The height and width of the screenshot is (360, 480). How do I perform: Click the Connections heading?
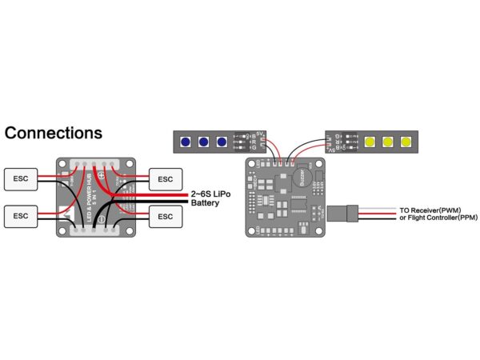pyautogui.click(x=54, y=133)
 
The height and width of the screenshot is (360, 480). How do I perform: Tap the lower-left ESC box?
pyautogui.click(x=22, y=216)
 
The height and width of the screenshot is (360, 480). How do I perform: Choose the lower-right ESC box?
pyautogui.click(x=165, y=216)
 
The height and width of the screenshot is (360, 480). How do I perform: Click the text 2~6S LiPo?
pyautogui.click(x=212, y=194)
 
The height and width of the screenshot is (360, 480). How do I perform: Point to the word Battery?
pyautogui.click(x=205, y=203)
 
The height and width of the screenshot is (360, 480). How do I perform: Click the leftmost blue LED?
pyautogui.click(x=186, y=142)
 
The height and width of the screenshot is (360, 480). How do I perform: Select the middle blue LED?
pyautogui.click(x=203, y=142)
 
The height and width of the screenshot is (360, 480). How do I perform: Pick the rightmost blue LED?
pyautogui.click(x=221, y=142)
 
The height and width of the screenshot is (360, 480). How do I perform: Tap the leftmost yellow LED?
pyautogui.click(x=370, y=142)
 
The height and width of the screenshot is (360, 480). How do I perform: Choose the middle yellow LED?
pyautogui.click(x=388, y=142)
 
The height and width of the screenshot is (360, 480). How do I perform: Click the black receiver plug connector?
pyautogui.click(x=350, y=214)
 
